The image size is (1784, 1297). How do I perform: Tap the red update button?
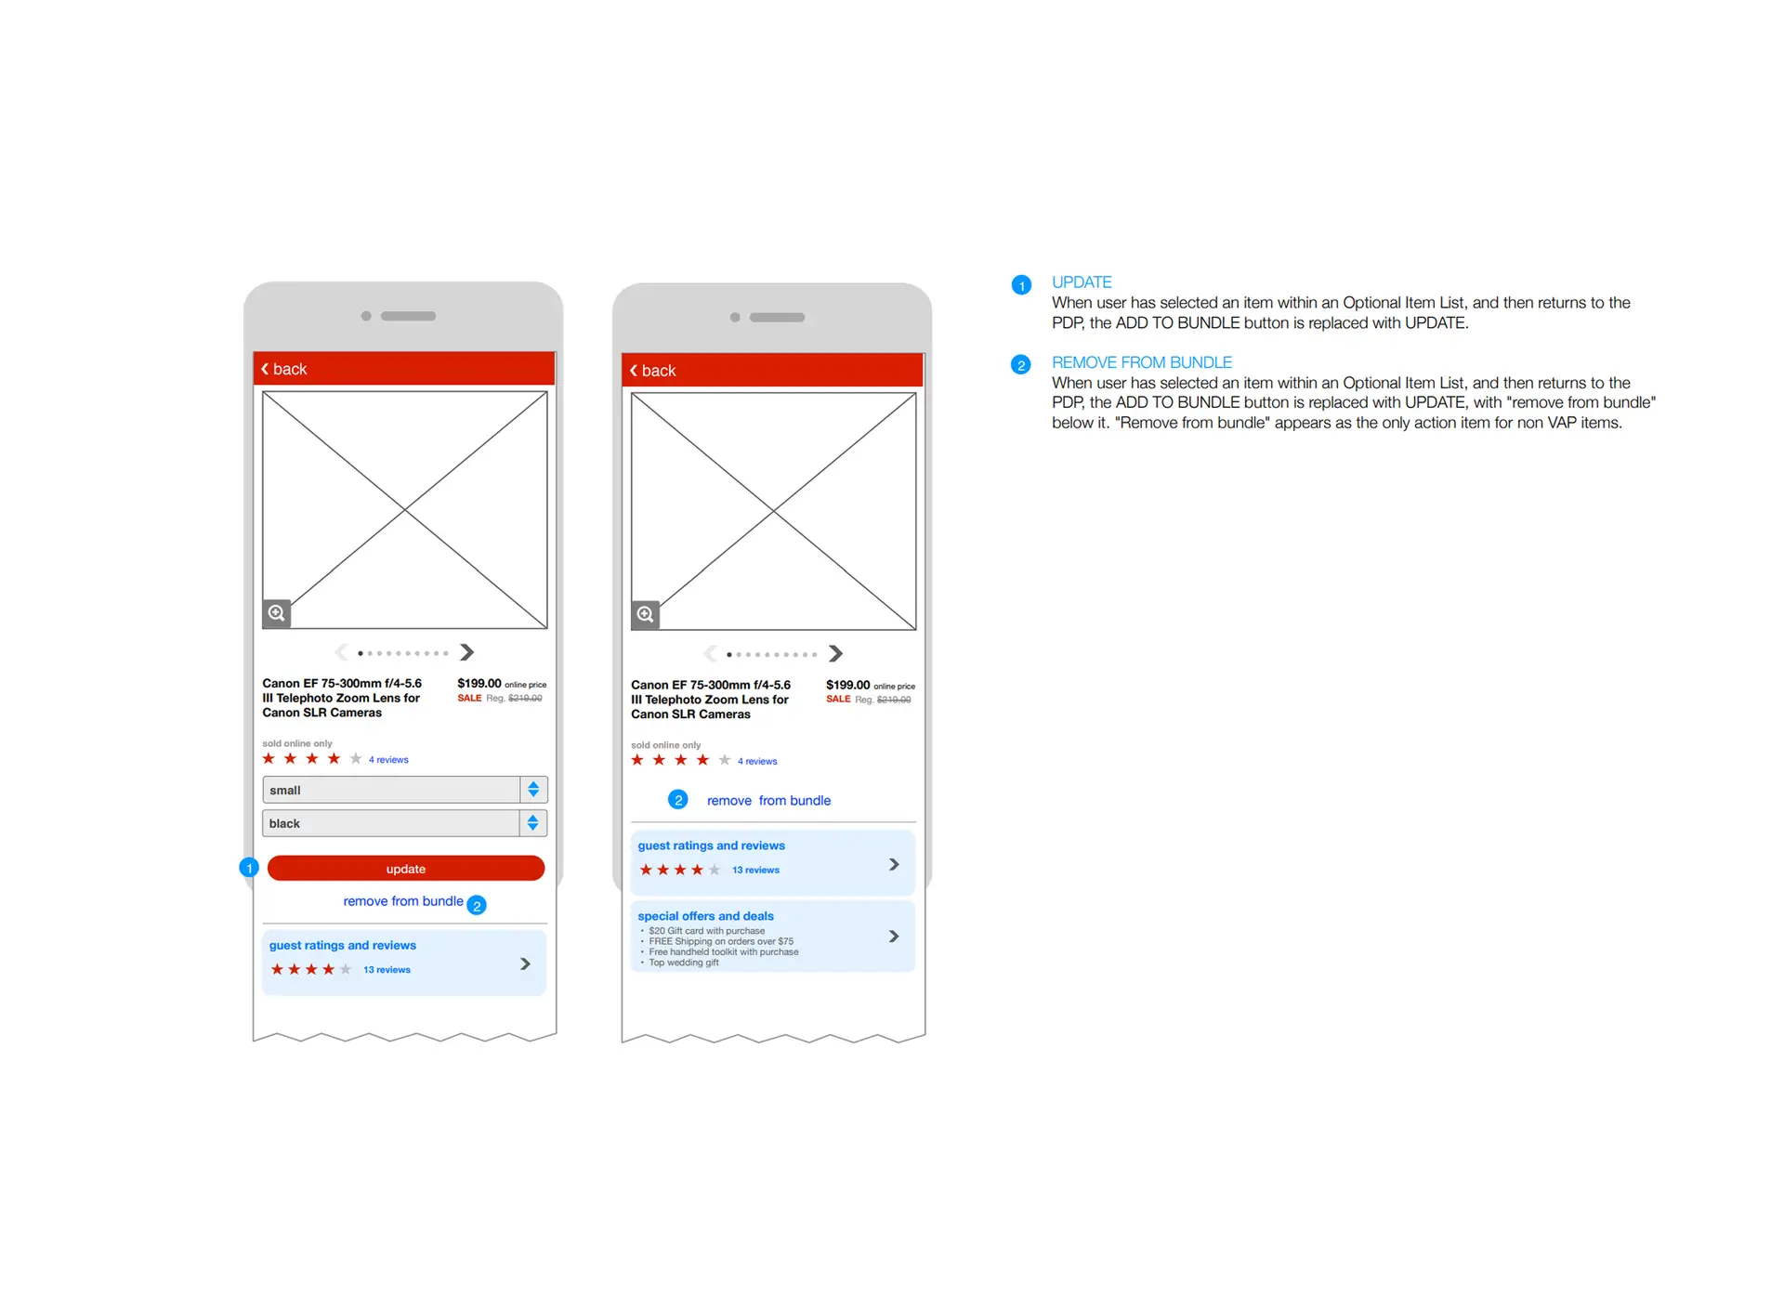tap(405, 869)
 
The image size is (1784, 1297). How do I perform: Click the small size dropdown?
tap(404, 790)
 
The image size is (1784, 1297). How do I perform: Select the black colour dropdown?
tap(404, 823)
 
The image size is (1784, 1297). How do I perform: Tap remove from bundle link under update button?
tap(403, 901)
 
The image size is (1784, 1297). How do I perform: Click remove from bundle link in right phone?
tap(768, 801)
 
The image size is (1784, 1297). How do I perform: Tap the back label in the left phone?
tap(290, 369)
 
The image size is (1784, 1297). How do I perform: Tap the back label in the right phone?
tap(659, 371)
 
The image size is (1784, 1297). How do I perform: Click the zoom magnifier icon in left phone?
tap(277, 613)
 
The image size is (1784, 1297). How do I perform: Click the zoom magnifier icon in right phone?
tap(646, 615)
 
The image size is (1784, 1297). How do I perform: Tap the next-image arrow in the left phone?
tap(467, 652)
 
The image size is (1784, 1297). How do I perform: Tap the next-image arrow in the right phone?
tap(836, 654)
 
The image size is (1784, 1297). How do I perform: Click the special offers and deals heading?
tap(705, 916)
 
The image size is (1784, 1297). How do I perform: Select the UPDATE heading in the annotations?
tap(1082, 282)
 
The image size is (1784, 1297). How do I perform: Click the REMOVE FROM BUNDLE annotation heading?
tap(1142, 362)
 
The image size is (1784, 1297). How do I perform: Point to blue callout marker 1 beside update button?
tap(249, 868)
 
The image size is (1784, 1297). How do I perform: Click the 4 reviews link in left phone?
tap(388, 760)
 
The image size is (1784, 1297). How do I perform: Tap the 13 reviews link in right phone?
tap(755, 871)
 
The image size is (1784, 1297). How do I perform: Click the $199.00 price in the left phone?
tap(479, 684)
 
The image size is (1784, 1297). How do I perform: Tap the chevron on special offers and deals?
tap(894, 937)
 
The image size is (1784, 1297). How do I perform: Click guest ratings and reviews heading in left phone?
tap(343, 946)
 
